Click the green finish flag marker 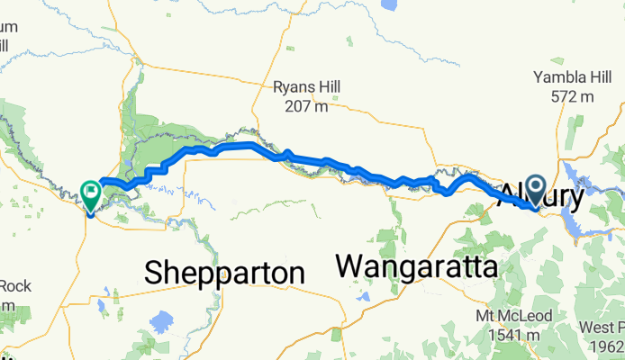coord(91,192)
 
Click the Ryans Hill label coord(308,88)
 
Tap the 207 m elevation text coord(308,107)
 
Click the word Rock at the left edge coord(15,287)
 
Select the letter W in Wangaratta coord(351,267)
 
